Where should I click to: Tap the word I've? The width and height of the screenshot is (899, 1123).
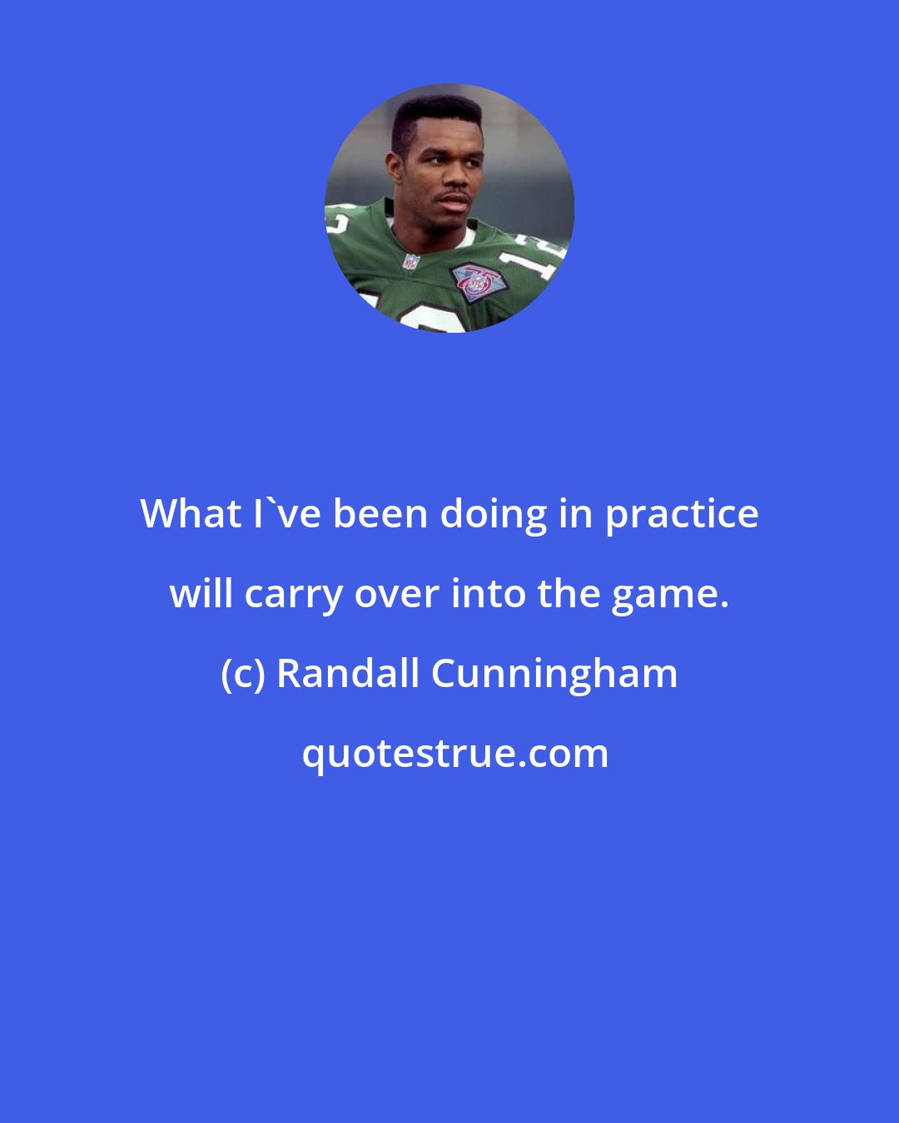tap(285, 514)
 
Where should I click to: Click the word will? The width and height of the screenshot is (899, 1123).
tap(201, 594)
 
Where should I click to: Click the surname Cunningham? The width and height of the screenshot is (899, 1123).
tap(554, 674)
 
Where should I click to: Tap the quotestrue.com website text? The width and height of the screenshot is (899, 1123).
tap(454, 754)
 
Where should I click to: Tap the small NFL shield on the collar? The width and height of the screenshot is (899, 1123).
tap(410, 261)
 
